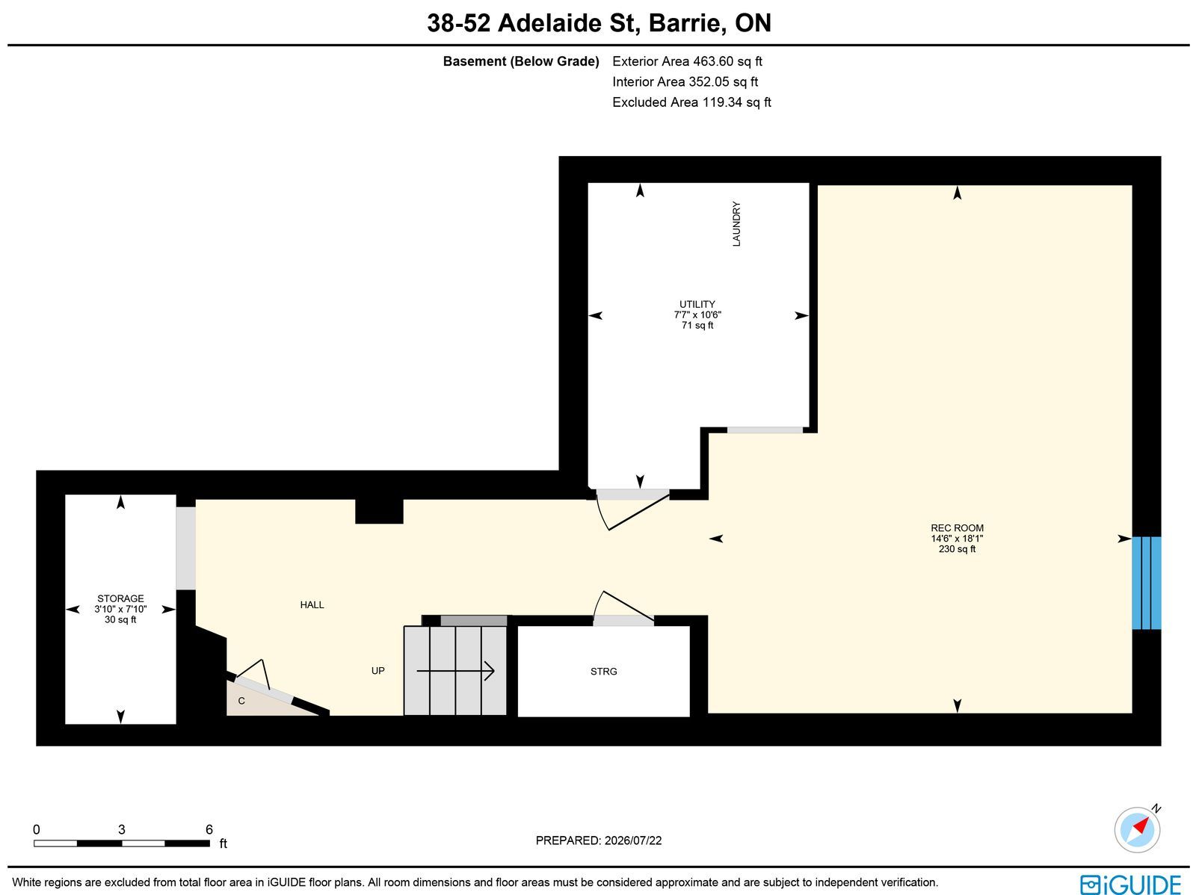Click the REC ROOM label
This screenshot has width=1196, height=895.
(957, 527)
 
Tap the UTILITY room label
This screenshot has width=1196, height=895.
(697, 304)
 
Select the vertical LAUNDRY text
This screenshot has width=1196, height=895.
(736, 224)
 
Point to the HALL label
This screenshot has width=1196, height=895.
(312, 605)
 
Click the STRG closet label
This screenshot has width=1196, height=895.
(604, 672)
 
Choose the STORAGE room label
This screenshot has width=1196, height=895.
(120, 598)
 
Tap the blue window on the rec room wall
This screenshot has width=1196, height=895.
(1147, 583)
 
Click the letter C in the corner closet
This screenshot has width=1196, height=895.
(241, 701)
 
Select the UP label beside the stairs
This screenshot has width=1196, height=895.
(377, 671)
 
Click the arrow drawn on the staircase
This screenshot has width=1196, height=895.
(455, 671)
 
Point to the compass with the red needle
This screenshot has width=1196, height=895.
(1137, 830)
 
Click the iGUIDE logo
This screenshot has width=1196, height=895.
(1131, 884)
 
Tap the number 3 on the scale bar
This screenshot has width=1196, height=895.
(122, 829)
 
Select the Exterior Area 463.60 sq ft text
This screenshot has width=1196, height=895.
(687, 61)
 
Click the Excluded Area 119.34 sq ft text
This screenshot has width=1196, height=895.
(691, 102)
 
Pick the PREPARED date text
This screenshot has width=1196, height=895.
(598, 840)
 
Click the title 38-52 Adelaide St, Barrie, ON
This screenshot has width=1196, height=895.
(599, 23)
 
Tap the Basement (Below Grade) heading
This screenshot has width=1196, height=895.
(521, 61)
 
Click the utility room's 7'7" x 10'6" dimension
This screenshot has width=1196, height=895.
(697, 315)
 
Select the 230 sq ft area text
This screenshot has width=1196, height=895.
(957, 549)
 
